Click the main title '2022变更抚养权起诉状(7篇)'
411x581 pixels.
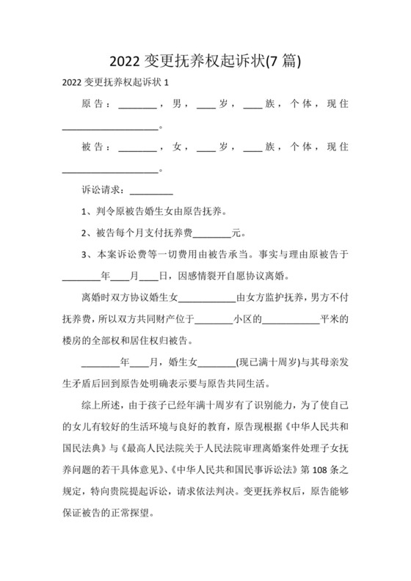tap(205, 59)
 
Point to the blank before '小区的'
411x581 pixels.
tap(213, 321)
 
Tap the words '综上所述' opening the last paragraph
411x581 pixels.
tap(103, 404)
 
